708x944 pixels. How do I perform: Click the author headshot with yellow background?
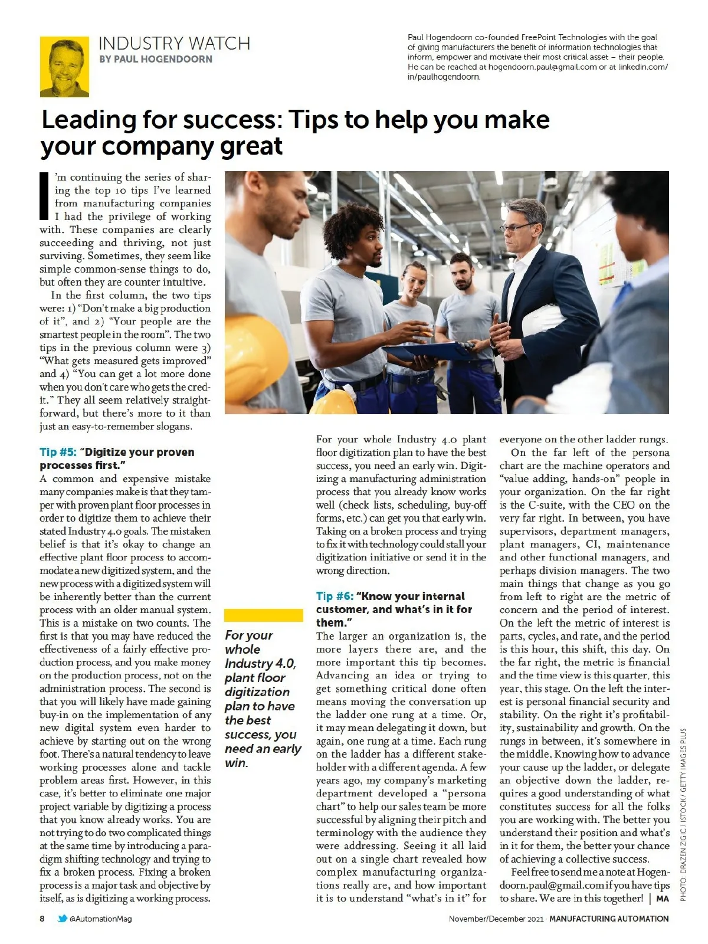pyautogui.click(x=64, y=67)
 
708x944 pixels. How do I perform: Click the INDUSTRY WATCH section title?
pyautogui.click(x=174, y=44)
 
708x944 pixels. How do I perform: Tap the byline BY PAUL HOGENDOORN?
pyautogui.click(x=156, y=59)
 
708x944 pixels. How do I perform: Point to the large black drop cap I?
pyautogui.click(x=43, y=196)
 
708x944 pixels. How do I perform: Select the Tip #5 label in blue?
pyautogui.click(x=58, y=453)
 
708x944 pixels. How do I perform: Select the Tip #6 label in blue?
pyautogui.click(x=335, y=596)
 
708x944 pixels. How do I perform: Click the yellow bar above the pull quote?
pyautogui.click(x=263, y=615)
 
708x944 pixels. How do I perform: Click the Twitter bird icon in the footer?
pyautogui.click(x=62, y=919)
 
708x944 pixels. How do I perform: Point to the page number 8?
pyautogui.click(x=42, y=919)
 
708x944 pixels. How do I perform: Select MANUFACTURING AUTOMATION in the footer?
pyautogui.click(x=609, y=919)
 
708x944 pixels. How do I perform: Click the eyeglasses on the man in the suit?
pyautogui.click(x=518, y=227)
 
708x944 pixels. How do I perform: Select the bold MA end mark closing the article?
pyautogui.click(x=662, y=899)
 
